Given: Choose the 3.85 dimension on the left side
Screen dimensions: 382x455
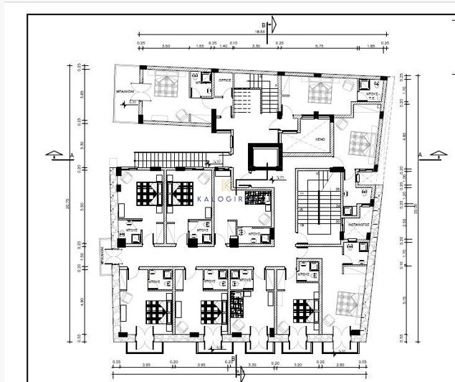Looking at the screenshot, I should [82, 93].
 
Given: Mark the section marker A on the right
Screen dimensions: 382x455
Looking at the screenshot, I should [436, 154].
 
